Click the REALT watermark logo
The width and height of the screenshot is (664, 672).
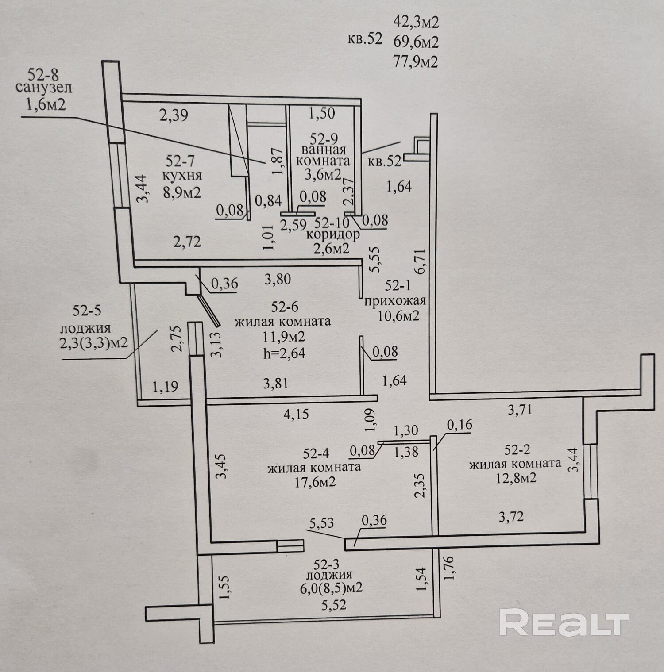[x=564, y=624]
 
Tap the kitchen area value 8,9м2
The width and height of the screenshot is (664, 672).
[x=182, y=192]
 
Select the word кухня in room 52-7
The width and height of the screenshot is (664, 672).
[x=182, y=176]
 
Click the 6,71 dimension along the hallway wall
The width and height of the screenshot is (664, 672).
[x=420, y=261]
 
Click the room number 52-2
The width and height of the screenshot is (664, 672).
[x=517, y=450]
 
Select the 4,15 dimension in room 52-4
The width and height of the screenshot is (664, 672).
[x=296, y=415]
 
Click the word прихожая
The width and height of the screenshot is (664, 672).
[x=394, y=301]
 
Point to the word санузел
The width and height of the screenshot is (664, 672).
[x=43, y=88]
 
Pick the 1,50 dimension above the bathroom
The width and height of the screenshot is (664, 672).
[x=321, y=113]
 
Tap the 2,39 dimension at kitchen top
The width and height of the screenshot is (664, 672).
[x=174, y=115]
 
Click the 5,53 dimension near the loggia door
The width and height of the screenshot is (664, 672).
[x=321, y=524]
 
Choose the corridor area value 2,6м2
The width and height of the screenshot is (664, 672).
[x=331, y=248]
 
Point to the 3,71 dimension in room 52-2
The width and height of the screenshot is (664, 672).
[x=520, y=410]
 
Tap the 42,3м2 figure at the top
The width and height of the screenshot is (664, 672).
[x=415, y=22]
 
